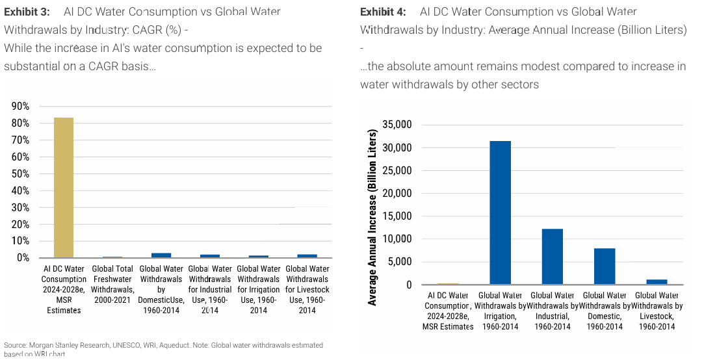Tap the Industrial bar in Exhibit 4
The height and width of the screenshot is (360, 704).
pos(552,257)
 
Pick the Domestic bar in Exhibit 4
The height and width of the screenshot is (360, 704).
pos(605,266)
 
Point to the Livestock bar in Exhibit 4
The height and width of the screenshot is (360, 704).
pos(657,282)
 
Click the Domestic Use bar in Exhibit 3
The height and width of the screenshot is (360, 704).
pos(161,255)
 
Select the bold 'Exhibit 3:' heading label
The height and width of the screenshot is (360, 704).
pos(28,12)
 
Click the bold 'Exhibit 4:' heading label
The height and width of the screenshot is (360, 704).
pos(383,12)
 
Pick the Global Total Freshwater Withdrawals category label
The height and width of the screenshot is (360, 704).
pos(112,284)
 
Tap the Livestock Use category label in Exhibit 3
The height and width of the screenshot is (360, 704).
pos(307,289)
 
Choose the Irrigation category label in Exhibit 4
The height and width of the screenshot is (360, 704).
pos(500,311)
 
